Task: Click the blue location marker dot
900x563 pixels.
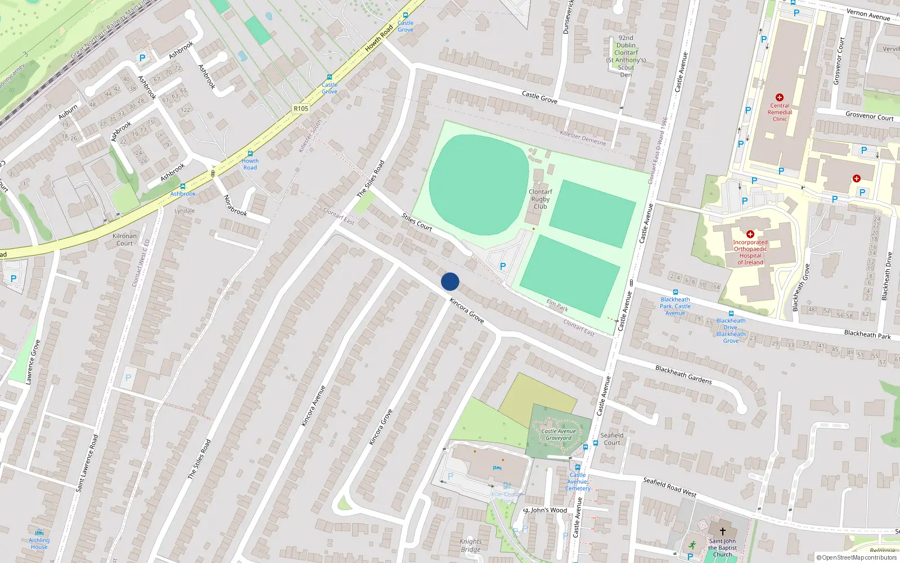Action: [450, 281]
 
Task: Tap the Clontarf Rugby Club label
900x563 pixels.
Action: [540, 199]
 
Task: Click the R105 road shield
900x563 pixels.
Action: [301, 109]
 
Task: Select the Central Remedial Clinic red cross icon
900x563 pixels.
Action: [779, 97]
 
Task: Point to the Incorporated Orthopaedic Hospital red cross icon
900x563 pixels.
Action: [750, 234]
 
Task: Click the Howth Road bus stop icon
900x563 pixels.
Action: [250, 154]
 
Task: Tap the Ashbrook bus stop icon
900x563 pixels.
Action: [182, 186]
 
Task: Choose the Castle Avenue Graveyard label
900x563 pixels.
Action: [558, 435]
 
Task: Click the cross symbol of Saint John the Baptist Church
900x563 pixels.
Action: [722, 531]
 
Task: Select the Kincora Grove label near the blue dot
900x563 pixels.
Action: [467, 311]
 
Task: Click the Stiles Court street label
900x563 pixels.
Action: [417, 222]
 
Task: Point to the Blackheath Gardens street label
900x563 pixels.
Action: [683, 374]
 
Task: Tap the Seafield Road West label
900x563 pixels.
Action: [669, 487]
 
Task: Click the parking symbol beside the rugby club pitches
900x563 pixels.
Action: [503, 266]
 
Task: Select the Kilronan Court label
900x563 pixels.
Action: [124, 240]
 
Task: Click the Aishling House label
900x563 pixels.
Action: [39, 543]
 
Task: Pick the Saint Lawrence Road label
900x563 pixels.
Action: [87, 463]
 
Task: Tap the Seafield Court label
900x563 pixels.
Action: [612, 439]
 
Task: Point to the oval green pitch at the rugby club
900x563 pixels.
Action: [479, 185]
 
